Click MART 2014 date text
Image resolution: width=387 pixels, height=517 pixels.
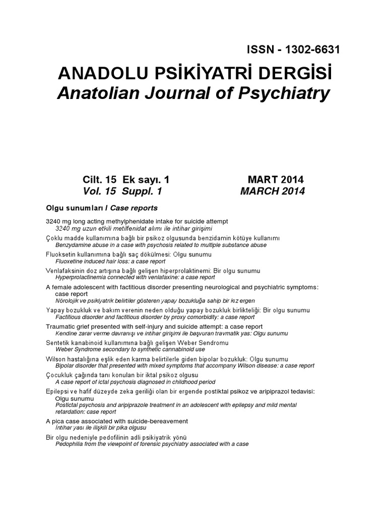point(276,180)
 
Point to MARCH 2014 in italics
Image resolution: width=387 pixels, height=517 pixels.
point(273,191)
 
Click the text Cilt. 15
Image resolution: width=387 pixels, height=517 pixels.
point(100,180)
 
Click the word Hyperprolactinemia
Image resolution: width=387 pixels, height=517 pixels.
point(81,277)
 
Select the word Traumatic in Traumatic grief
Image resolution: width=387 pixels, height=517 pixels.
point(59,327)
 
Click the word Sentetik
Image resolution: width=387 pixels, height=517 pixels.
point(57,343)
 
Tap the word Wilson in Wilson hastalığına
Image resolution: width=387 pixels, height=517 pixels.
point(55,359)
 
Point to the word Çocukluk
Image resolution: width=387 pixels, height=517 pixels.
point(60,375)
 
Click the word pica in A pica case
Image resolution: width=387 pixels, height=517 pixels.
point(58,421)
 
